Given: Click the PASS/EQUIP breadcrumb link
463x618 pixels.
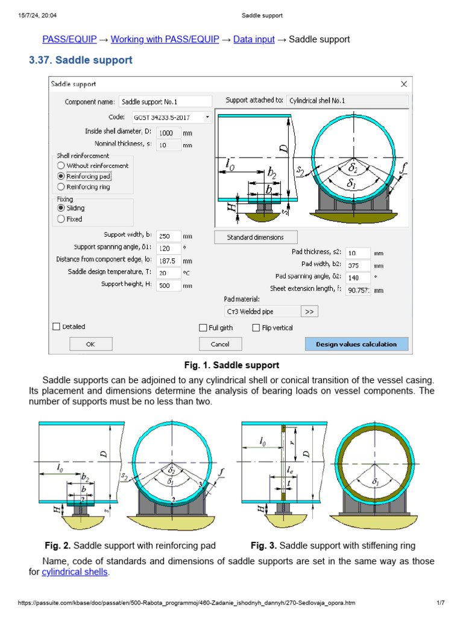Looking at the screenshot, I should [69, 39].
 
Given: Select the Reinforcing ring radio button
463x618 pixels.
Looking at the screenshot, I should [61, 187].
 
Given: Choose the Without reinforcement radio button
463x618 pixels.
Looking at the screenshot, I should [61, 165].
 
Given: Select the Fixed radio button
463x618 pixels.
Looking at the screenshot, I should [61, 219].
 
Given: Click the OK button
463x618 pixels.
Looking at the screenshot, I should [90, 344].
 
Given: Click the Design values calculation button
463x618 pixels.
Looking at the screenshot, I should [356, 344].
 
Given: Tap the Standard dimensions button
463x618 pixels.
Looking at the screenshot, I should [256, 237].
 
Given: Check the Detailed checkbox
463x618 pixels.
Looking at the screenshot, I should [57, 327].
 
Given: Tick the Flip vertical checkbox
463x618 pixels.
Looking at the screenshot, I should [257, 328].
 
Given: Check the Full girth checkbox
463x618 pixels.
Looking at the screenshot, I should [203, 328].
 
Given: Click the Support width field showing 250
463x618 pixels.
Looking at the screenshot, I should [168, 237].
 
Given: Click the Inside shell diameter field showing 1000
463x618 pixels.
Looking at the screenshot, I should [168, 132].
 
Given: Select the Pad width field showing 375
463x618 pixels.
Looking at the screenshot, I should [358, 265].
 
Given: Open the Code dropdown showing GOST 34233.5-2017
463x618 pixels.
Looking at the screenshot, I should [172, 116].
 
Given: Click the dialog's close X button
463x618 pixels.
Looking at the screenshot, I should [404, 84].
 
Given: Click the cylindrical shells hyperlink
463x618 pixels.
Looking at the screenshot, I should [75, 572].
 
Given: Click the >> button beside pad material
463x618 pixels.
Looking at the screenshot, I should [309, 311].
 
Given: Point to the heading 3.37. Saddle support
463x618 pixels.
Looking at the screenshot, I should [81, 60].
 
